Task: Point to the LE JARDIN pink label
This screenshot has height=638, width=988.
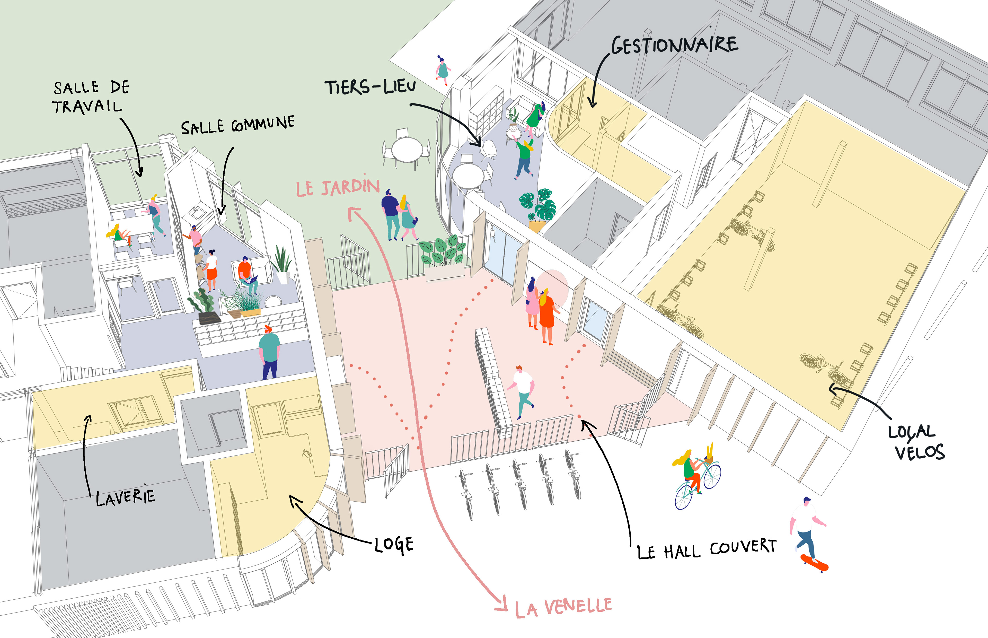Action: coord(338,188)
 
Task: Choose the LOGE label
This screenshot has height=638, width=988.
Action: coord(394,545)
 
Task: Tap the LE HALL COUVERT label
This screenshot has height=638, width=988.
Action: coord(706,549)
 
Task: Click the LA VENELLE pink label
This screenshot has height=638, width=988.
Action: coord(563,608)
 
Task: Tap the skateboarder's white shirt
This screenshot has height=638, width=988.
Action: coord(803,518)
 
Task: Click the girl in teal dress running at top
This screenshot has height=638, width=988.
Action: coord(443,69)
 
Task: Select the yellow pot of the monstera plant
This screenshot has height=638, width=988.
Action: coord(537,226)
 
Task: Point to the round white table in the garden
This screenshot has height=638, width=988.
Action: coord(408,150)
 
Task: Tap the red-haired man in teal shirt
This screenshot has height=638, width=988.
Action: coord(269,350)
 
